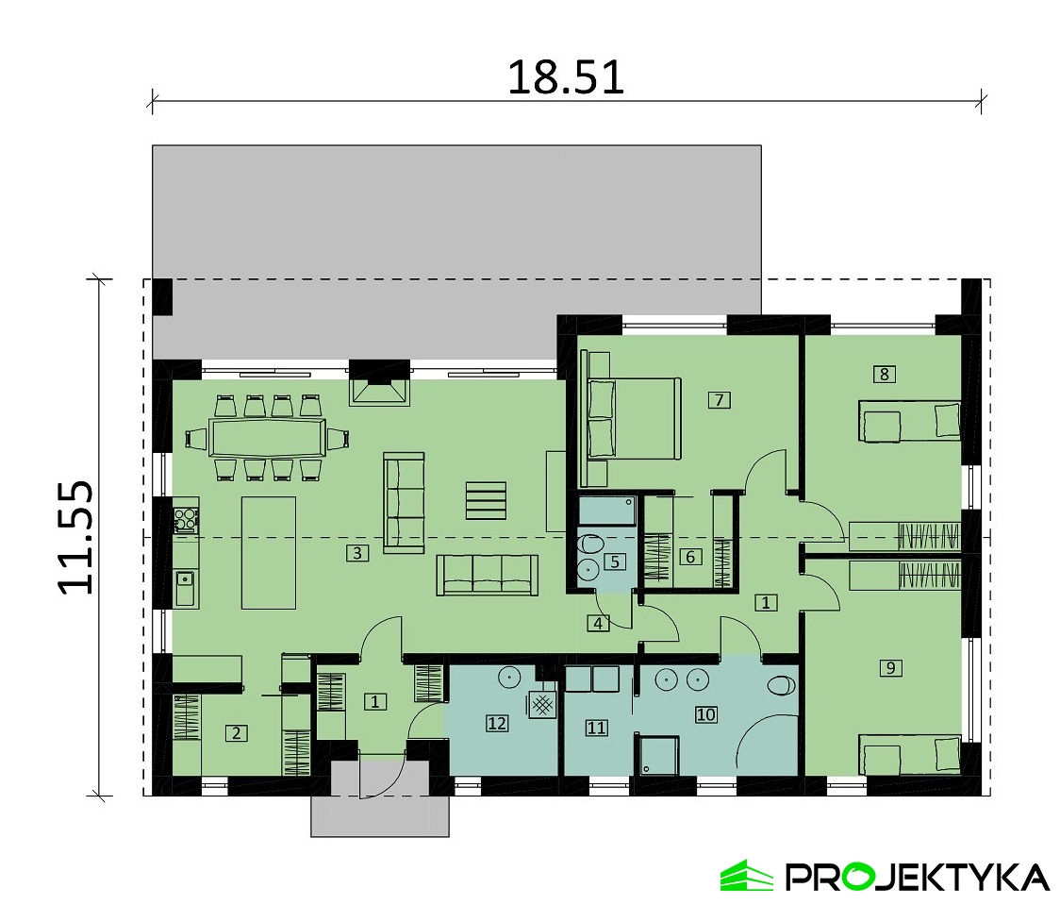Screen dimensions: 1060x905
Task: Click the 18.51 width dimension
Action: [x=566, y=77]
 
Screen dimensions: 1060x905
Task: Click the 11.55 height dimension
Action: [x=75, y=538]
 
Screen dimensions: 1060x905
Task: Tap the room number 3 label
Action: [x=357, y=553]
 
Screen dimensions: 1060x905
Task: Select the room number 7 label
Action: [x=719, y=400]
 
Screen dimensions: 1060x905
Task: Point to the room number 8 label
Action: [x=885, y=374]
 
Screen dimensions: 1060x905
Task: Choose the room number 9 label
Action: [x=890, y=667]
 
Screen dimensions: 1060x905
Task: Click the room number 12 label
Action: [x=497, y=723]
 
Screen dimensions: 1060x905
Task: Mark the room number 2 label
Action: [x=236, y=732]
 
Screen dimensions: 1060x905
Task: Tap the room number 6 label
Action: [x=690, y=557]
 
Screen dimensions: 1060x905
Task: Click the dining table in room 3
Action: [x=267, y=438]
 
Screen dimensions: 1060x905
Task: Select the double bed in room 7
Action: [x=634, y=419]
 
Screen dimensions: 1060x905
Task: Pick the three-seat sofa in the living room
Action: [x=488, y=575]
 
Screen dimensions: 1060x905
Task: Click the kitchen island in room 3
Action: [x=269, y=553]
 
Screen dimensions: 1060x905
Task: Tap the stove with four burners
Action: [x=185, y=519]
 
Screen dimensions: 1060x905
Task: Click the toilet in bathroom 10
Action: [x=782, y=686]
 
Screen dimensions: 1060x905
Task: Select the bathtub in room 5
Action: [x=607, y=512]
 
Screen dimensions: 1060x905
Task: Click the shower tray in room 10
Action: [x=657, y=756]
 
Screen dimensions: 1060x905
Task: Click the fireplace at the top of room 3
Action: [x=379, y=391]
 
